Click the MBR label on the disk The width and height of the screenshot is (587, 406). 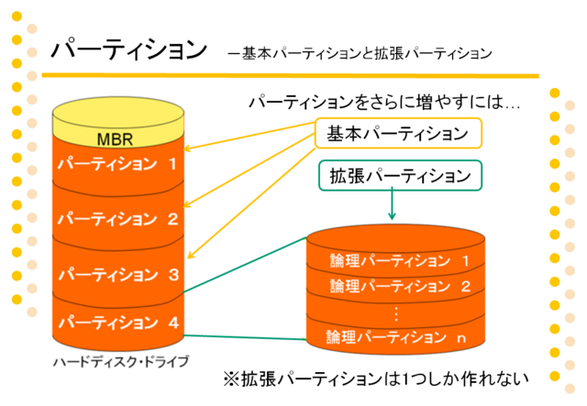(x=115, y=139)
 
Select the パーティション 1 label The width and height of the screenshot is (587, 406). (x=117, y=164)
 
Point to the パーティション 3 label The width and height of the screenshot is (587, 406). (x=118, y=274)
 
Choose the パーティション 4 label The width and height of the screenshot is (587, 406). (x=118, y=323)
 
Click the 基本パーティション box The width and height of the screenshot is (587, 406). (x=398, y=133)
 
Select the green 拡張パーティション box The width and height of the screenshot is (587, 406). (x=400, y=175)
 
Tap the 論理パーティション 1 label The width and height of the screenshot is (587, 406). (x=400, y=260)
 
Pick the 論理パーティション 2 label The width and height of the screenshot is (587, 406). (x=400, y=286)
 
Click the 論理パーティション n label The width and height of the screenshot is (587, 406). (x=396, y=337)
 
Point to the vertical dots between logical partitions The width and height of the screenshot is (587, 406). (x=396, y=313)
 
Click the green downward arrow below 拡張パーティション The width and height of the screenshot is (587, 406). (x=392, y=203)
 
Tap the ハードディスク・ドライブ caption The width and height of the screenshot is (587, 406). (x=121, y=362)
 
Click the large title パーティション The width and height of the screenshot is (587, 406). (x=129, y=49)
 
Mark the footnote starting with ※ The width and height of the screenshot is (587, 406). (x=376, y=379)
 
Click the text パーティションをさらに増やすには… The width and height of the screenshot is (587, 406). (x=384, y=102)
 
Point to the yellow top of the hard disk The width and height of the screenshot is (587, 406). (x=118, y=113)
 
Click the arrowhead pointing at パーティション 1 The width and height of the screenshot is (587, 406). (x=186, y=149)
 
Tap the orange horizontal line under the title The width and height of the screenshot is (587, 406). (x=290, y=76)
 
